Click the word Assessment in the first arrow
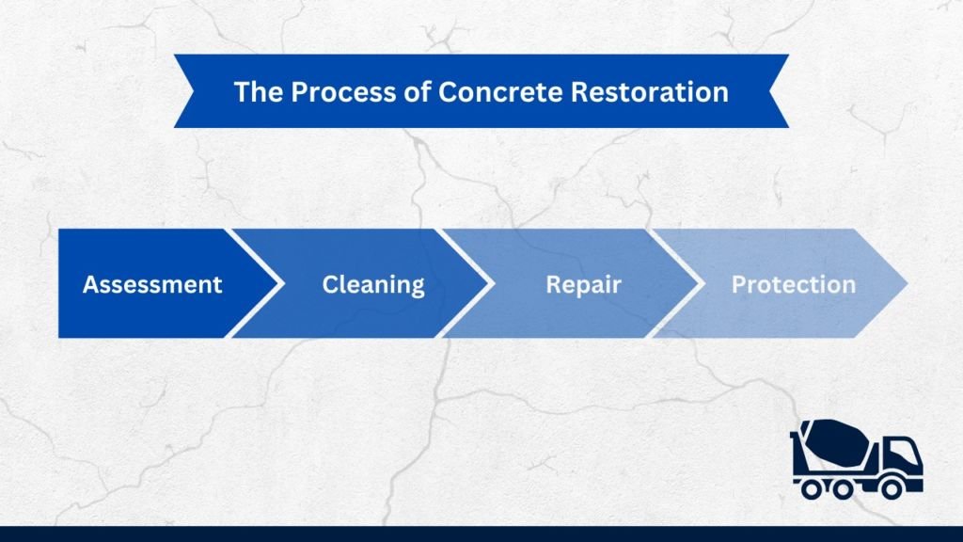click(x=152, y=284)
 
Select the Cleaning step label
click(x=373, y=284)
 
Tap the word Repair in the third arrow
click(x=583, y=284)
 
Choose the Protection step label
click(x=793, y=284)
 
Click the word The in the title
click(x=254, y=91)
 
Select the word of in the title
click(x=392, y=91)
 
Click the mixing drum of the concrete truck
click(x=832, y=443)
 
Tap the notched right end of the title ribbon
click(x=780, y=91)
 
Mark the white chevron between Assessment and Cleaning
click(x=257, y=283)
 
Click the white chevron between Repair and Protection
click(x=677, y=283)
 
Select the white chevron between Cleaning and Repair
click(x=467, y=283)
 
